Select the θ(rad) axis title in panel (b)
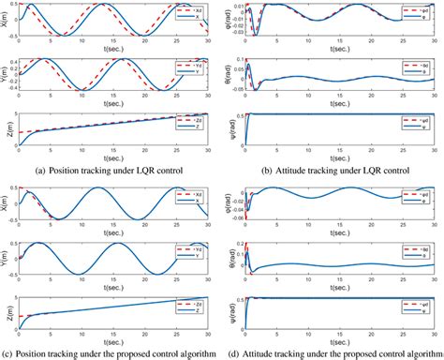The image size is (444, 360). click(228, 75)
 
